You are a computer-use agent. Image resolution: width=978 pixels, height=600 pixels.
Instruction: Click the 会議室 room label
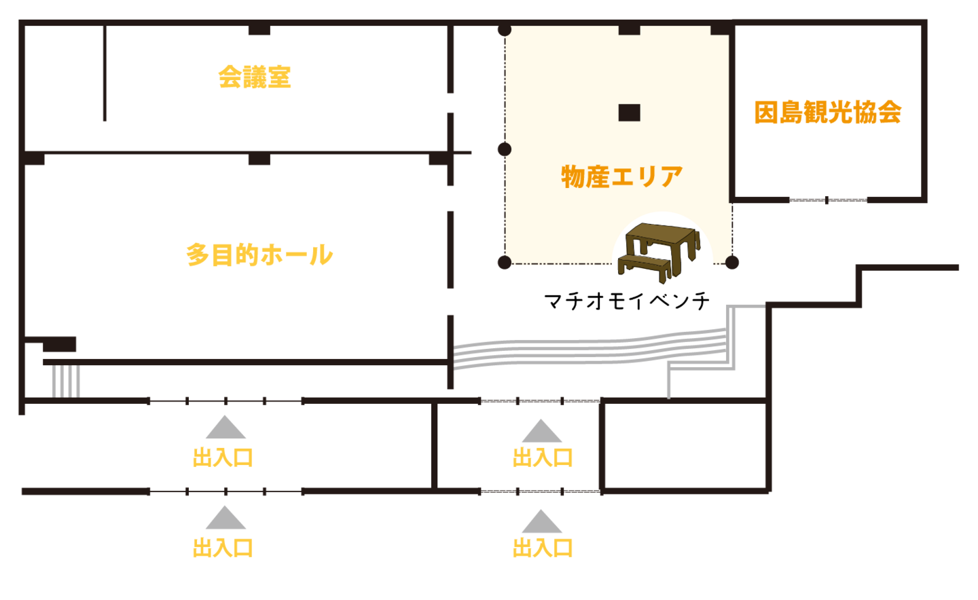(x=255, y=77)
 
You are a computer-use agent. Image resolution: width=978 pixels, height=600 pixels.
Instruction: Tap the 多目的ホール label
(x=260, y=255)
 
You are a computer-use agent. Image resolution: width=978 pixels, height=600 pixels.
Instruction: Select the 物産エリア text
(x=621, y=176)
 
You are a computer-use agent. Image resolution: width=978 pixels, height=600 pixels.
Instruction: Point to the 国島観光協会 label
(x=828, y=112)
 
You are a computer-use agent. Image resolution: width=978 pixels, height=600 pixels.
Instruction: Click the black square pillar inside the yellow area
(x=629, y=113)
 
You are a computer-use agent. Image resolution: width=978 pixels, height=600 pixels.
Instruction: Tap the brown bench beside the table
(x=645, y=267)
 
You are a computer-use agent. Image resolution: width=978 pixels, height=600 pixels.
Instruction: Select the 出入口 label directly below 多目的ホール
(x=223, y=457)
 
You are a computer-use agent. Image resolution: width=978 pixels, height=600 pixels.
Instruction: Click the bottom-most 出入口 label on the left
(x=223, y=547)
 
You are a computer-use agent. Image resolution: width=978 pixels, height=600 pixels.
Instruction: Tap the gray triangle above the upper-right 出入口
(x=541, y=431)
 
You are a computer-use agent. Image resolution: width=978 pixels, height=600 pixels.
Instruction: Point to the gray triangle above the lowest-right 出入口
(x=541, y=521)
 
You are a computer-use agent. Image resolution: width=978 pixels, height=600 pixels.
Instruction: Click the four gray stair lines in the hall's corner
(x=66, y=381)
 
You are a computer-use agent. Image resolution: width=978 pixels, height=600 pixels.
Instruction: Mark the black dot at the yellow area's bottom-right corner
(x=731, y=262)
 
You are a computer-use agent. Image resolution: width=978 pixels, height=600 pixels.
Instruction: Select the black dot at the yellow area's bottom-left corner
(x=505, y=262)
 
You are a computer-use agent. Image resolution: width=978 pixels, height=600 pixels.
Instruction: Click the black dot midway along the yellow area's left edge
(x=505, y=149)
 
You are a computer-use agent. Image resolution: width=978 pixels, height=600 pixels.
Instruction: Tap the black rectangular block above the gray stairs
(x=60, y=344)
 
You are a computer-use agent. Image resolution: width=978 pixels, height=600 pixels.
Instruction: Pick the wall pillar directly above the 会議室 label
(x=259, y=31)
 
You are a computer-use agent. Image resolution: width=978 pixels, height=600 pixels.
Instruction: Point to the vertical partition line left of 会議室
(x=105, y=75)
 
